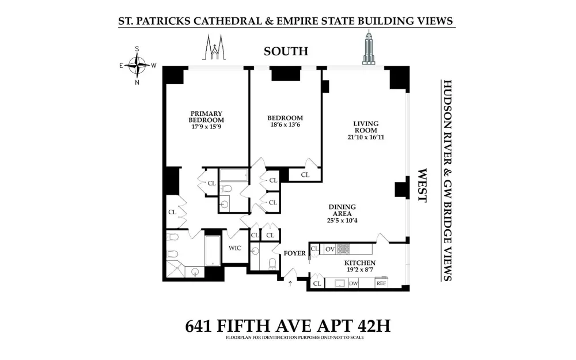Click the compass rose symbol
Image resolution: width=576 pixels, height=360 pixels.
point(138,66)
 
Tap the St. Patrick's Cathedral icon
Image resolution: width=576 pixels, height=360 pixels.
point(214,47)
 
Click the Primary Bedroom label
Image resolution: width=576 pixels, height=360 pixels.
point(206,117)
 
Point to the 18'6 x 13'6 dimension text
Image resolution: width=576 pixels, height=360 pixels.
point(285,124)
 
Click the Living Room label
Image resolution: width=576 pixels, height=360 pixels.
point(366,127)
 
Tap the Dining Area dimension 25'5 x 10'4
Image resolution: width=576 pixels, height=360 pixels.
point(342,221)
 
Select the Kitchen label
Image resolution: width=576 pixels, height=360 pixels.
point(359,263)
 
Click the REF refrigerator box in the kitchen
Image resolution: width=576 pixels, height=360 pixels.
point(381,283)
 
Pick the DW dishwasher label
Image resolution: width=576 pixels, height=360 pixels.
point(354,283)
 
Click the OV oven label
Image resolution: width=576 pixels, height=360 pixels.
point(330,249)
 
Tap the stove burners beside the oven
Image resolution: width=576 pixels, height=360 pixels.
point(343,249)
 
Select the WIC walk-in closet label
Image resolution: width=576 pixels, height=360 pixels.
point(235,248)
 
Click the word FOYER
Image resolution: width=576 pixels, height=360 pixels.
point(294,253)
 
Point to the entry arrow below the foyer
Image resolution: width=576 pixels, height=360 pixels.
point(290,283)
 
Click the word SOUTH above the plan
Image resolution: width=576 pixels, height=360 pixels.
point(286,51)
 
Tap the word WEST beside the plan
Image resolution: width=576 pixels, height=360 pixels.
point(422,185)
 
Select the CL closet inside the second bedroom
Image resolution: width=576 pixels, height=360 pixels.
point(305,175)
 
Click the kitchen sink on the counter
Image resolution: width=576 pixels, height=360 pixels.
point(340,283)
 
